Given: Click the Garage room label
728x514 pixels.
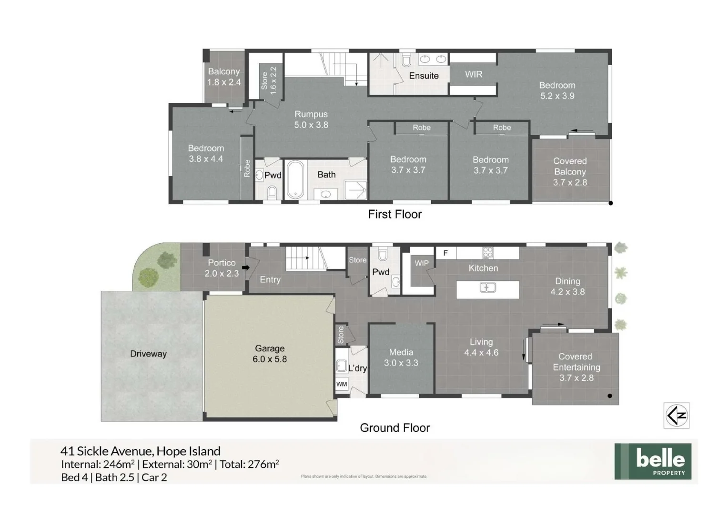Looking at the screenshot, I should pos(269,348).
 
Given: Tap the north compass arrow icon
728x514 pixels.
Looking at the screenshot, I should pos(676,415).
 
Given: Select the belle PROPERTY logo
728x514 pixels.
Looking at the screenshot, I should pos(652,461).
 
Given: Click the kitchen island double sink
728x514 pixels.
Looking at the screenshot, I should pos(487,287).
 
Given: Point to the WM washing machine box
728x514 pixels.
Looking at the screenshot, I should pos(342,384).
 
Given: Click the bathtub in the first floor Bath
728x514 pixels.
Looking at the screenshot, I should pos(295,179).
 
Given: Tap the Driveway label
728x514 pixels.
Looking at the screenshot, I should pos(148,354).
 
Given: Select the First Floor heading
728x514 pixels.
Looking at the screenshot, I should pos(394,214).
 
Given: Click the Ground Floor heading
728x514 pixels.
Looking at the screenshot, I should pos(394,428).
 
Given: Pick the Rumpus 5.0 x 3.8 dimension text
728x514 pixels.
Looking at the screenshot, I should pos(311,125).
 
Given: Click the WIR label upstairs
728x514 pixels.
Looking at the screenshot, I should pos(474,74).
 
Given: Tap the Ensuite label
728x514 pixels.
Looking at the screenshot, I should pos(424,76).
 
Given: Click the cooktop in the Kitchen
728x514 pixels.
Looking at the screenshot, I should pos(487,253).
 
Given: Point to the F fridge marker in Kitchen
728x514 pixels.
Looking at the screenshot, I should pos(445,253).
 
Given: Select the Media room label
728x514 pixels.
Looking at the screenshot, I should pos(401,352).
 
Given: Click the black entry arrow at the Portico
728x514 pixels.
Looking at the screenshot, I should pos(246,267).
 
